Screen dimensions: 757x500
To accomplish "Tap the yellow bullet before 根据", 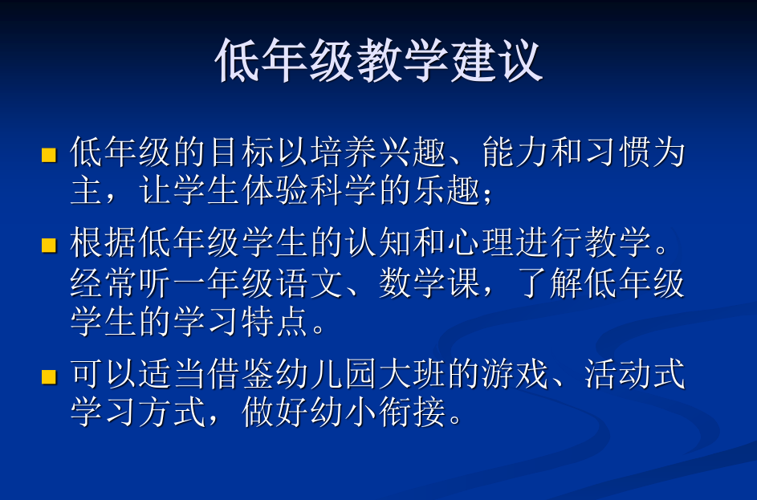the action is (49, 245).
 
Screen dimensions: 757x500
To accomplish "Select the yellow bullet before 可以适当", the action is (49, 376).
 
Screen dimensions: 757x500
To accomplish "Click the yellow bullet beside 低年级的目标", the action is (49, 155).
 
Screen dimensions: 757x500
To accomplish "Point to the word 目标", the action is (242, 152).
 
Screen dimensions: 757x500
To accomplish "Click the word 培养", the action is (344, 152).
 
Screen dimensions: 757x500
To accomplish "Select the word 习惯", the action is (619, 152).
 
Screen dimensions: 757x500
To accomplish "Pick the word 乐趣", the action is (447, 189).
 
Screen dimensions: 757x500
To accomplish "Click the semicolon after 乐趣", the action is (487, 194).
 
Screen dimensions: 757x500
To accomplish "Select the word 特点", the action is (275, 321).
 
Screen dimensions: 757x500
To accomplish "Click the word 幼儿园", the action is (328, 374).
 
